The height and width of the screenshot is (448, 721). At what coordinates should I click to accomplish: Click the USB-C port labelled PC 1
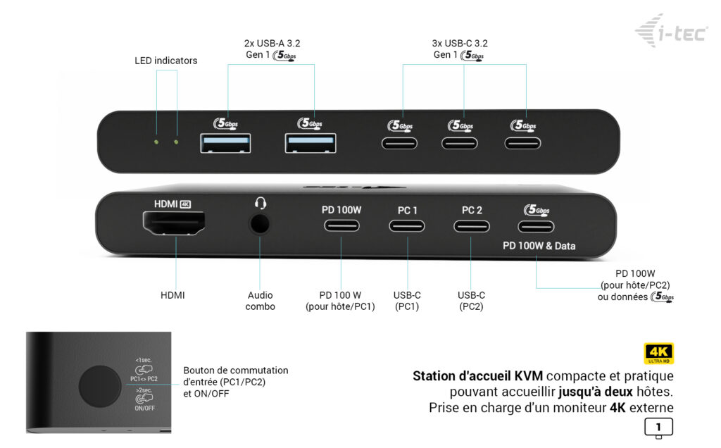pyautogui.click(x=407, y=227)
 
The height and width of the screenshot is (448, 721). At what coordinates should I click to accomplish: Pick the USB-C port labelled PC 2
pyautogui.click(x=471, y=227)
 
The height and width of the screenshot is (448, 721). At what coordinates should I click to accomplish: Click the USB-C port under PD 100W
pyautogui.click(x=341, y=227)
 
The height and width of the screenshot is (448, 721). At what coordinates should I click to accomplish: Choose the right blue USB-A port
pyautogui.click(x=310, y=143)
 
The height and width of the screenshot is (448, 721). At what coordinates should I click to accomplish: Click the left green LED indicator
pyautogui.click(x=156, y=142)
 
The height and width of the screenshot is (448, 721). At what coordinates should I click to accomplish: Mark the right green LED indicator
pyautogui.click(x=176, y=142)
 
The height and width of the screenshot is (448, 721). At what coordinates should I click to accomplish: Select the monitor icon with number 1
pyautogui.click(x=658, y=428)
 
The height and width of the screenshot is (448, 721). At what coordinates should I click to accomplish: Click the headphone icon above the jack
pyautogui.click(x=260, y=204)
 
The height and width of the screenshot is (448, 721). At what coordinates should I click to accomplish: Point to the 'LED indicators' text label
pyautogui.click(x=166, y=61)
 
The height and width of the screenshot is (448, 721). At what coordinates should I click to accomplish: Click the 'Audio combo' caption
pyautogui.click(x=260, y=301)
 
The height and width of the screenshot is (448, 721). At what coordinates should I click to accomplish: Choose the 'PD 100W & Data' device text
pyautogui.click(x=539, y=246)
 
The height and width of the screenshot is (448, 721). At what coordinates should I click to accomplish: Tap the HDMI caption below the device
pyautogui.click(x=173, y=295)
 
